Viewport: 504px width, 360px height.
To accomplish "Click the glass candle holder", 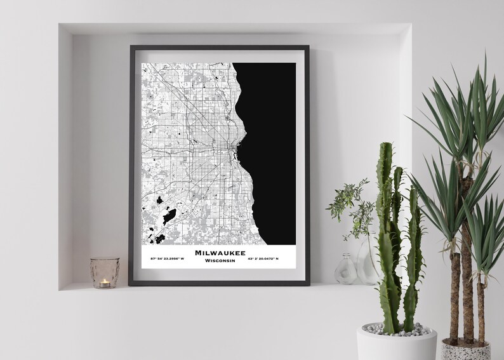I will click(105, 272).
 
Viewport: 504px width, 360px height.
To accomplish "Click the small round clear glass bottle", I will click(345, 270).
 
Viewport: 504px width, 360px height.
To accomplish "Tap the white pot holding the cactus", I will click(396, 343).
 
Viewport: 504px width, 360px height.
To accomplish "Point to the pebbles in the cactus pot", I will click(397, 329).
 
